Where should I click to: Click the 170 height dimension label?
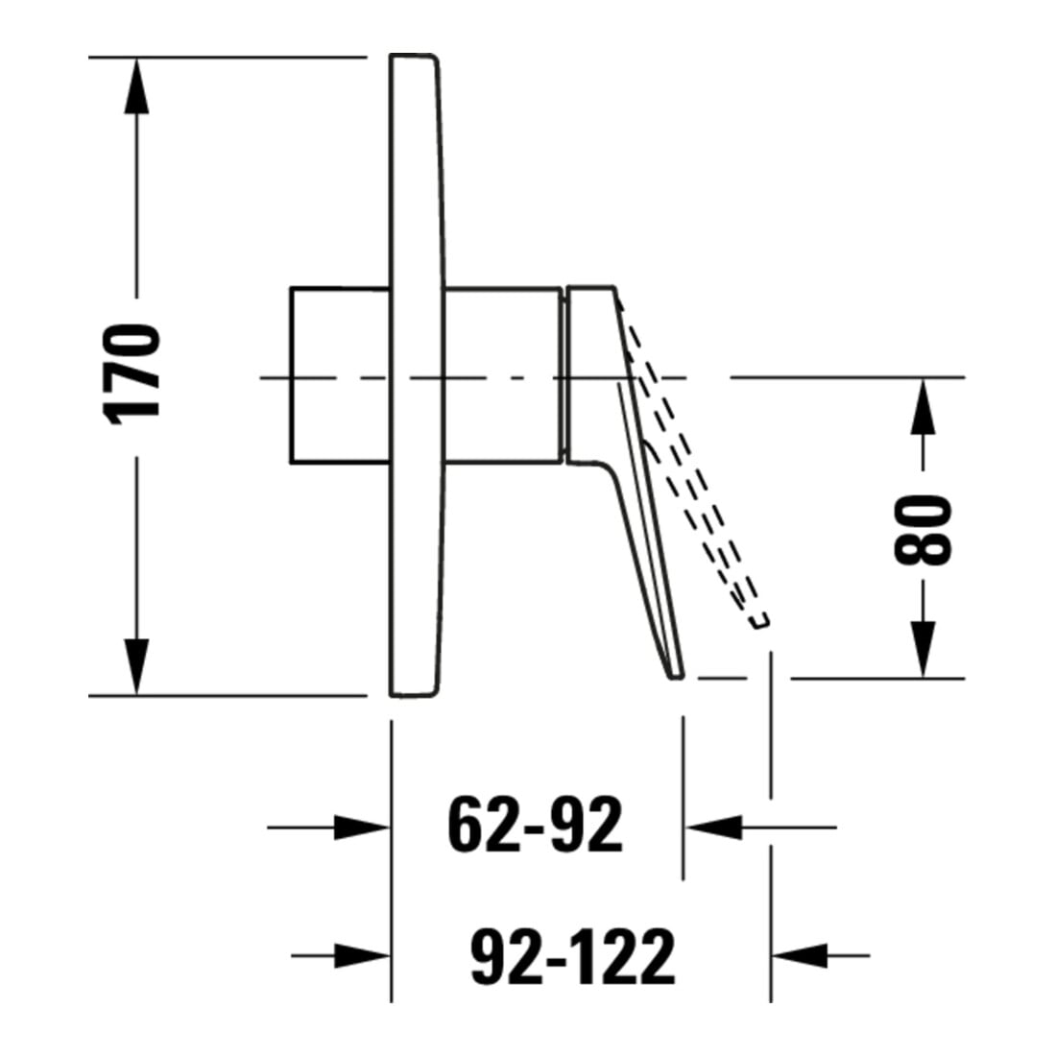132,374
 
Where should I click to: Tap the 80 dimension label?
923,530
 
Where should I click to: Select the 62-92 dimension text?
536,826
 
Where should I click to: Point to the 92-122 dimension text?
572,955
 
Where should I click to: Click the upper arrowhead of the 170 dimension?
136,86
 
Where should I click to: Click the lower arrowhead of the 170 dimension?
136,666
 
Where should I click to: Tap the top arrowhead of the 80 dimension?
924,406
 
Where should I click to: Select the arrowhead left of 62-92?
362,827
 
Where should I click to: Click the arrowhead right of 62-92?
713,827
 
